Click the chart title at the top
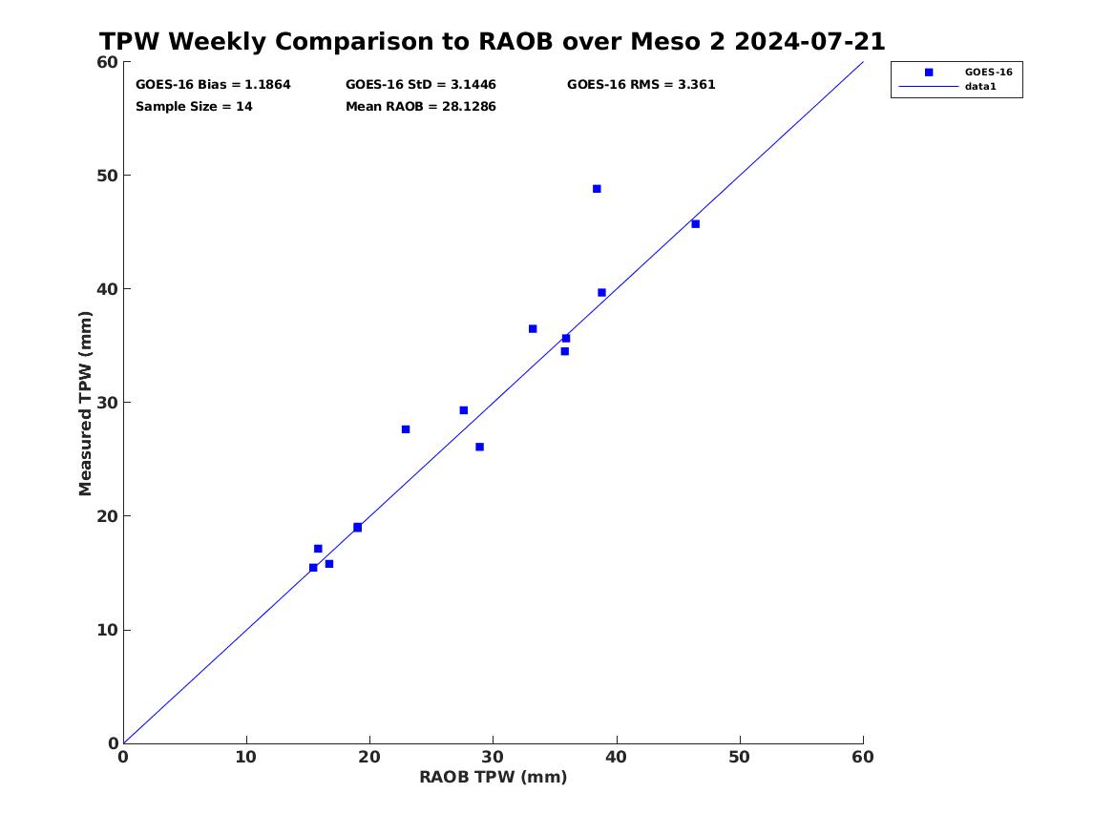(492, 42)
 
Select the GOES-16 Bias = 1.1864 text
(213, 85)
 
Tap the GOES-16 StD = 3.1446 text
(421, 85)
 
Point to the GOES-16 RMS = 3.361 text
(641, 85)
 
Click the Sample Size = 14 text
(194, 107)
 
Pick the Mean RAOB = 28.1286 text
(421, 107)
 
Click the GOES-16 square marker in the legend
(929, 73)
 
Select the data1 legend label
(980, 87)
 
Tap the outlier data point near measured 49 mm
(597, 189)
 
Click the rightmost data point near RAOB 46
(696, 224)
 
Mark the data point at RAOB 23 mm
(406, 429)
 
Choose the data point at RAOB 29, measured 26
(479, 448)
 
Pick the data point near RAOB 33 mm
(533, 328)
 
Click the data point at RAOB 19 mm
(357, 528)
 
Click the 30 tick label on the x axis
(493, 758)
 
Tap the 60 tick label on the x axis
(863, 758)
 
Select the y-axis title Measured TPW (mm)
(86, 404)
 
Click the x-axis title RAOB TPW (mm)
(494, 778)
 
